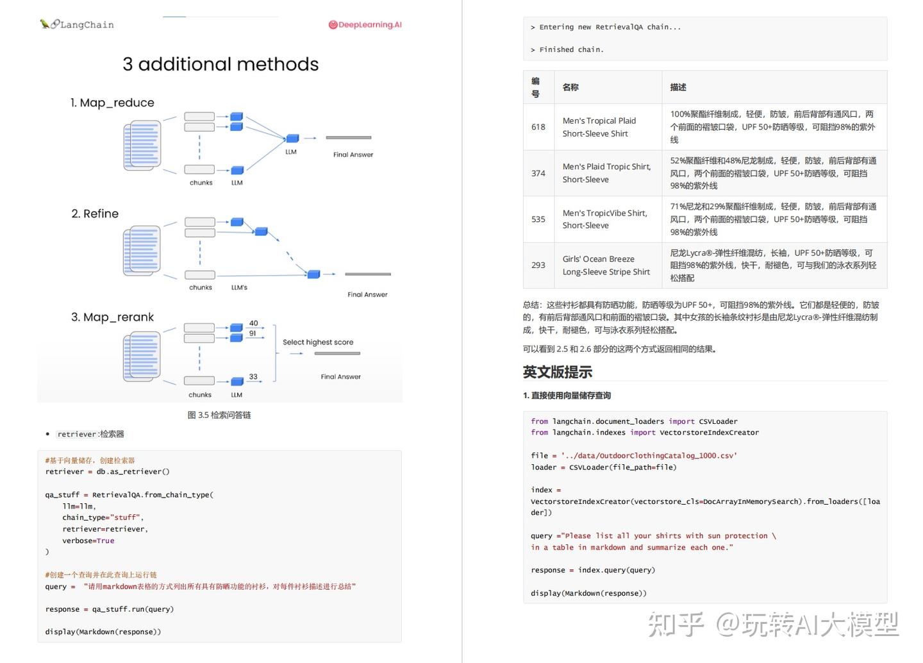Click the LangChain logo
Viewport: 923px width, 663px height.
click(x=77, y=24)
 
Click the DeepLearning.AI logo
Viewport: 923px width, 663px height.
click(x=365, y=25)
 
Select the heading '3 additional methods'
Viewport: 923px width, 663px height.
click(x=220, y=64)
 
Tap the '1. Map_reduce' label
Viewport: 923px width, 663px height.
click(x=112, y=103)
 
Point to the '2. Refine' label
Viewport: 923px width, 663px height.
click(x=95, y=214)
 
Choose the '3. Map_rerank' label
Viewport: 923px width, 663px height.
click(x=112, y=317)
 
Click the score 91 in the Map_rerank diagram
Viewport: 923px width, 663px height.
click(x=253, y=333)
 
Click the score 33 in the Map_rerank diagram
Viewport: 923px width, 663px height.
click(x=253, y=376)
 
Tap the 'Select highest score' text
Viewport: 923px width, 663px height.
click(x=318, y=342)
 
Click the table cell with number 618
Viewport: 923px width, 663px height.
click(x=538, y=127)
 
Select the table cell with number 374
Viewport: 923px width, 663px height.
click(x=538, y=173)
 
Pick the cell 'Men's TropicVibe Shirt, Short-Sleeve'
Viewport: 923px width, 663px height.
click(x=605, y=219)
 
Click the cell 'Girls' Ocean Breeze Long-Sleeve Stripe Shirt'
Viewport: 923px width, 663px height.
click(x=606, y=265)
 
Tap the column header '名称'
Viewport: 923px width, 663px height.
click(x=570, y=87)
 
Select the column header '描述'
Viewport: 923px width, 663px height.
click(x=678, y=87)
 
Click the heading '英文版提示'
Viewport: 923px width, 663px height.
click(x=558, y=372)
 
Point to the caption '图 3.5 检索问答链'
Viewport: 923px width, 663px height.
click(x=219, y=415)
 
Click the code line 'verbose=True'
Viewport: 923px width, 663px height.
click(x=88, y=541)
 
